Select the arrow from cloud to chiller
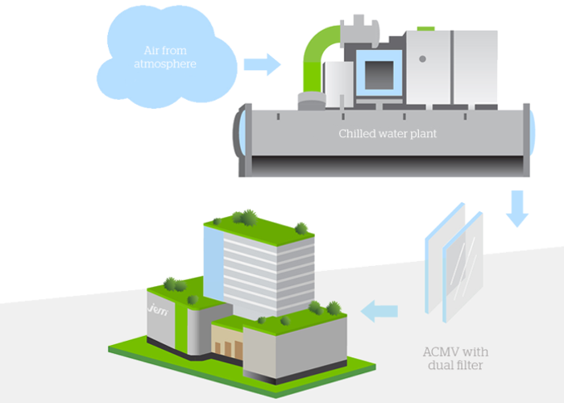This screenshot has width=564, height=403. click(262, 64)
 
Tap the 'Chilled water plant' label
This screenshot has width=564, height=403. click(387, 134)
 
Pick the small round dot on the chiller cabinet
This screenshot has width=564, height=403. click(422, 60)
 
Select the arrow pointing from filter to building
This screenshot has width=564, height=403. click(379, 310)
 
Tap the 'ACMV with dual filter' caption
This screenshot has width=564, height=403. click(455, 360)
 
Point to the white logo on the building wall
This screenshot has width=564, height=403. click(156, 308)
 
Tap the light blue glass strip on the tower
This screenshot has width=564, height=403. click(212, 258)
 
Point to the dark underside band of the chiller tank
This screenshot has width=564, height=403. click(387, 165)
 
